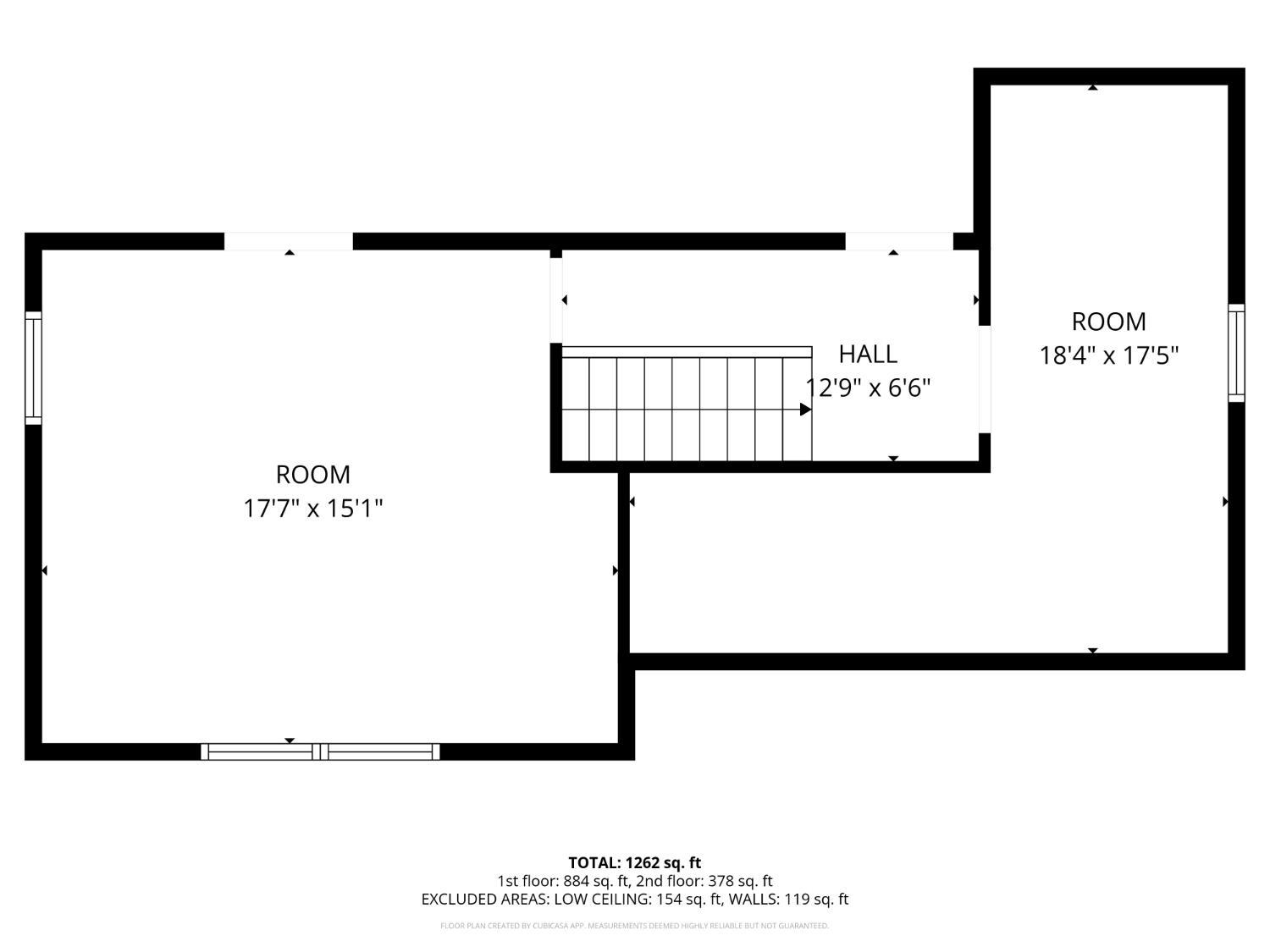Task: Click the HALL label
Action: (867, 355)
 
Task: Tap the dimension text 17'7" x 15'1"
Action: (313, 509)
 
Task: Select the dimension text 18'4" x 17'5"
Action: (1108, 355)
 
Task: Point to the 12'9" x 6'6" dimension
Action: (868, 388)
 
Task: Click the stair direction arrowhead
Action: (805, 410)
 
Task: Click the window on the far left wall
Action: (34, 367)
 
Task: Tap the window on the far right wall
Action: (1236, 353)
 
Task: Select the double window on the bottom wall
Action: (320, 751)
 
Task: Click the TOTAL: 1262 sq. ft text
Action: (635, 863)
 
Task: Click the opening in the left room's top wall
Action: (289, 241)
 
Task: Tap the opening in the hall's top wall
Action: (899, 241)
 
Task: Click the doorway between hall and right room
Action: (984, 379)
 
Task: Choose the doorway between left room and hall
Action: (556, 300)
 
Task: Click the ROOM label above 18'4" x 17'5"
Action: (1108, 322)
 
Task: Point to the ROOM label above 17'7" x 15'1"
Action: (313, 475)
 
